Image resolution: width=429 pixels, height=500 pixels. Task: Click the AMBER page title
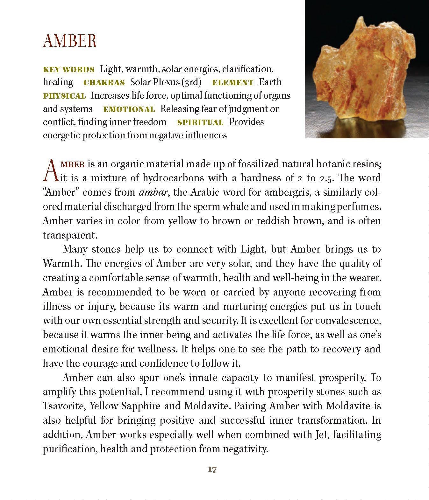(70, 41)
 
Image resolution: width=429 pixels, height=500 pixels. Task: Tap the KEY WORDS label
(69, 70)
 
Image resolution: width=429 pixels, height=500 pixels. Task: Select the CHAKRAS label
(104, 83)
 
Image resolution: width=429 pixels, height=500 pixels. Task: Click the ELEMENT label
(232, 83)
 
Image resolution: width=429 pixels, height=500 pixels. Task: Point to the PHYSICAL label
(64, 96)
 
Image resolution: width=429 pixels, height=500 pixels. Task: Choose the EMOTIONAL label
(129, 109)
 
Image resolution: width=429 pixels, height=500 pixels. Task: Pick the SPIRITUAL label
(200, 122)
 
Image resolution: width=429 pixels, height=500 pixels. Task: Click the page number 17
(212, 469)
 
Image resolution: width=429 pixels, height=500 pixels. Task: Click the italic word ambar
(151, 192)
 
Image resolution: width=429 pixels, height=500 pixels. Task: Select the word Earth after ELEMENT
(270, 82)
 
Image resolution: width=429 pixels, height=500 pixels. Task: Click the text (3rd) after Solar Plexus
(191, 82)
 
